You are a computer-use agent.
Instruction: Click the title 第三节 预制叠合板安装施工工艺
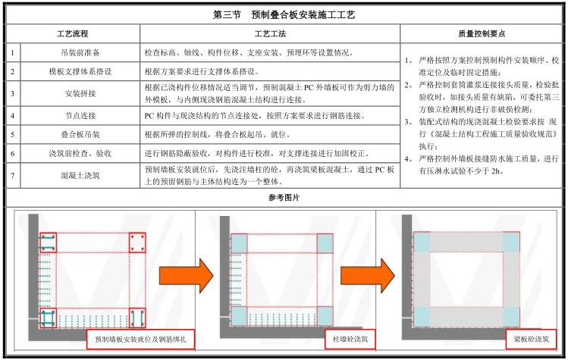(284, 14)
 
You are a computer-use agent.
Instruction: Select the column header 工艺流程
(73, 34)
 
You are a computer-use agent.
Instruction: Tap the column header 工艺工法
(269, 34)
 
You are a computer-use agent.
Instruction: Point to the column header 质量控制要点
(482, 34)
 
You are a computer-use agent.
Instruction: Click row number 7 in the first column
(13, 174)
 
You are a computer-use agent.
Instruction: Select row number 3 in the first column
(13, 94)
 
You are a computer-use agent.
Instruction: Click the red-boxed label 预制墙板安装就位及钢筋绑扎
(140, 337)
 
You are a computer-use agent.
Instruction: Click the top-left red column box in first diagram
(48, 243)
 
